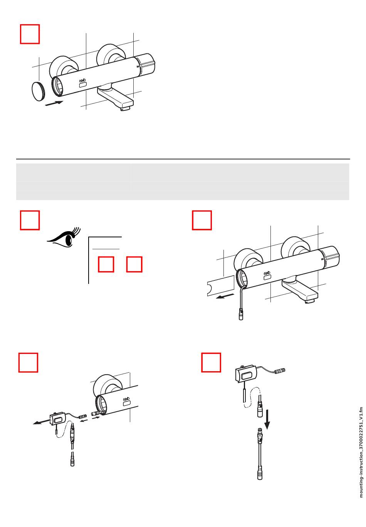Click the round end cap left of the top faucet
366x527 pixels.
coord(38,91)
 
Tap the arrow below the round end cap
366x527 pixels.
coord(54,103)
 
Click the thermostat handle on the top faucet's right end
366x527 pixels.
coord(146,64)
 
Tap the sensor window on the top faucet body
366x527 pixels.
coord(83,85)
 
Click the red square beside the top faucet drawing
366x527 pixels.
coord(30,34)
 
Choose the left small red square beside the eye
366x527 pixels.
coord(106,264)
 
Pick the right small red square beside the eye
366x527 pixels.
coord(134,264)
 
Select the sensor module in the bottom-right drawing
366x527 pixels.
coord(245,374)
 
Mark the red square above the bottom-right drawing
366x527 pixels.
coord(211,362)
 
